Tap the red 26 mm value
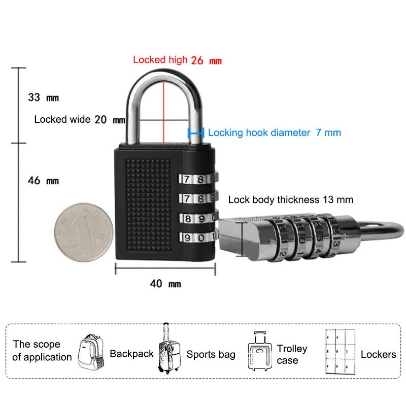(x=207, y=60)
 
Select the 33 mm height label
(x=43, y=96)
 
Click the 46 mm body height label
(x=43, y=180)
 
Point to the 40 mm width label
(x=165, y=284)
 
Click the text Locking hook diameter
(x=259, y=133)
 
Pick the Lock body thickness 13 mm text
(x=290, y=199)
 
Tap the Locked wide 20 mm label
(x=79, y=120)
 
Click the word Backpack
(x=131, y=354)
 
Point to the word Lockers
(x=378, y=354)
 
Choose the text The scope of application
(x=42, y=351)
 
